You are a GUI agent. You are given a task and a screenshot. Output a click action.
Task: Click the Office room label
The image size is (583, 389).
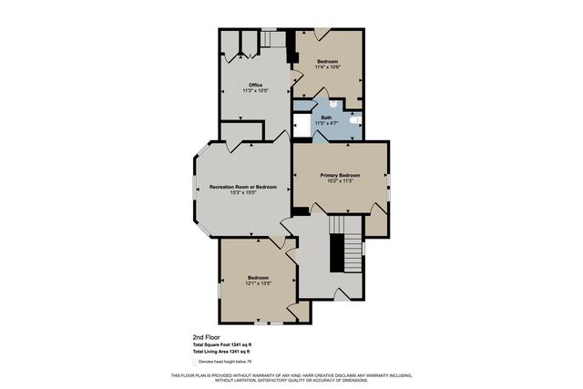pos(255,85)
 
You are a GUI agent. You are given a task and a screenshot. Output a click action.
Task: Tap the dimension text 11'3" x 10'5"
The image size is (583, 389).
pos(255,91)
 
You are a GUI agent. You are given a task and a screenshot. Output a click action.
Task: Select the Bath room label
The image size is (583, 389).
pos(326,117)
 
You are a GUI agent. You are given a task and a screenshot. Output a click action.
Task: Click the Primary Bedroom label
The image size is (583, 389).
pos(340,174)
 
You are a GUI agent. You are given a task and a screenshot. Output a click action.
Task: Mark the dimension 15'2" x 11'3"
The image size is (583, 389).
pos(340,180)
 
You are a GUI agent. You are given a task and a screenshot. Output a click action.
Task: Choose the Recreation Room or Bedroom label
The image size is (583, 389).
pos(242,186)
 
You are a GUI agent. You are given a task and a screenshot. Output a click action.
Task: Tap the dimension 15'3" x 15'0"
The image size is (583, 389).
pos(242,192)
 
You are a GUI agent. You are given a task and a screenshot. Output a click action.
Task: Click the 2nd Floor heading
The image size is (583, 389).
pos(205,336)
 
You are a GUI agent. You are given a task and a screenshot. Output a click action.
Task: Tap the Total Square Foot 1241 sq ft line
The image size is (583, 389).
pos(221,344)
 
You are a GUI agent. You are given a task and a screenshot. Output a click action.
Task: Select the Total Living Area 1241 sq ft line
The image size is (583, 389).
pos(221,351)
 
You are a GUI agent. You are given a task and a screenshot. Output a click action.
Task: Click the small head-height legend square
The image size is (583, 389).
pos(195,361)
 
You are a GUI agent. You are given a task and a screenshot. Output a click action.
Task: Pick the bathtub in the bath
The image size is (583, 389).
pos(302,125)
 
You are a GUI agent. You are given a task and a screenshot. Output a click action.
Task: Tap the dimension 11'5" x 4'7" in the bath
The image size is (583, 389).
pos(326,123)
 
